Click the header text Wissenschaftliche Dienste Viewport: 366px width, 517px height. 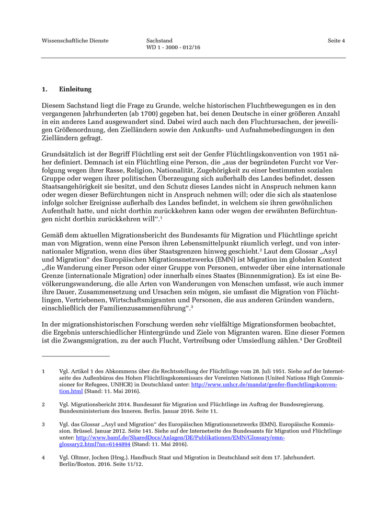[x=75, y=41]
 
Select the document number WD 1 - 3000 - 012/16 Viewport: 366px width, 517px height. [x=174, y=48]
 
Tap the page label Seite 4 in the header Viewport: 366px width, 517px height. [x=336, y=41]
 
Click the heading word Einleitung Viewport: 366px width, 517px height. [x=75, y=89]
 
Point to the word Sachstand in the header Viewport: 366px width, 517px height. [x=159, y=41]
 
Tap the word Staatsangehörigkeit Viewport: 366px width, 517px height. [x=74, y=186]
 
